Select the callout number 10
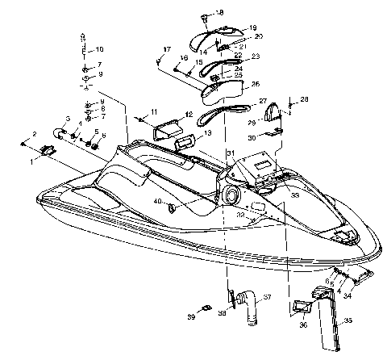100,49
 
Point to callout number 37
268,298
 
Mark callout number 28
304,99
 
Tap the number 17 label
167,50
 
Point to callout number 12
188,115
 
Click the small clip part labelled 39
206,308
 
